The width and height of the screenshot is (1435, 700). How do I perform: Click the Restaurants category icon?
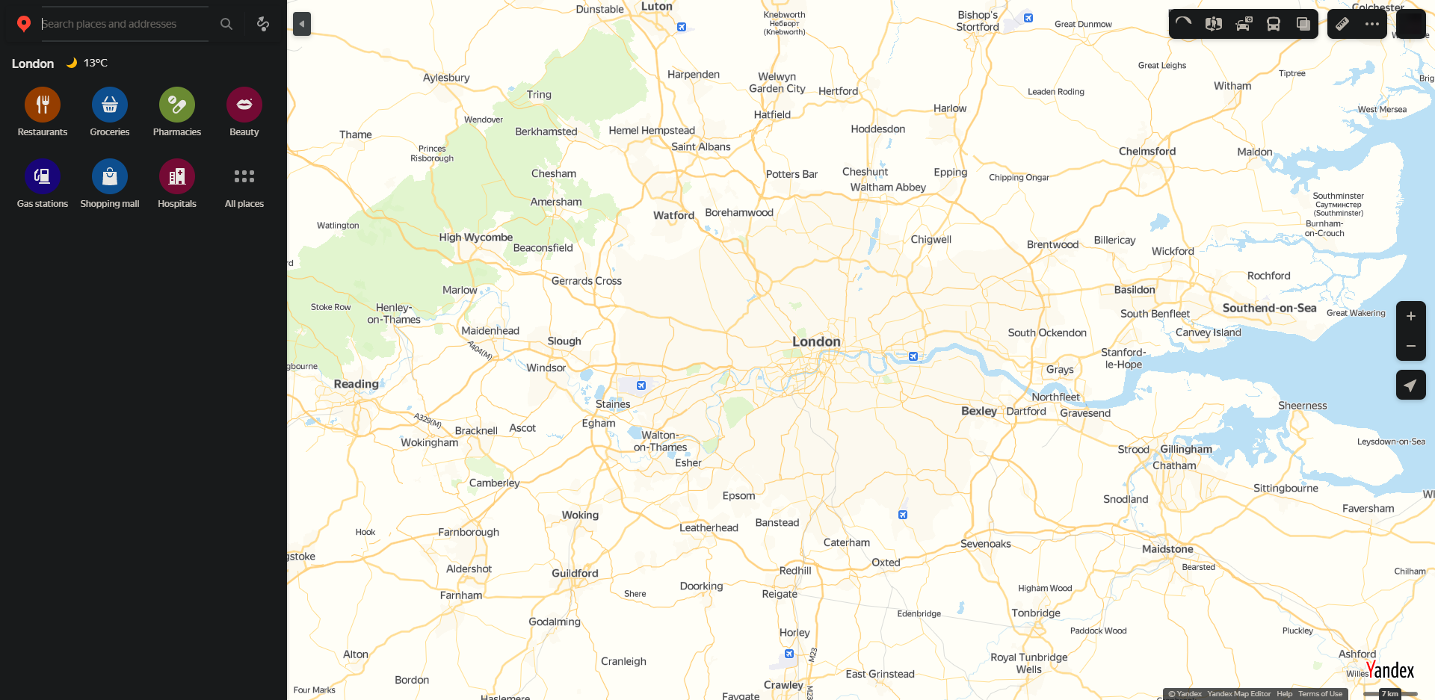coord(43,105)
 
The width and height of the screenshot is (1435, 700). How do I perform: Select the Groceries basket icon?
coord(110,105)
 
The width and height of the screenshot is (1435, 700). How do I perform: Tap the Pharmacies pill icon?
coord(177,105)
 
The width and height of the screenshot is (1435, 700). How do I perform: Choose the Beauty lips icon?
coord(244,105)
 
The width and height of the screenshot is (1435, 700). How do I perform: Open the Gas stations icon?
coord(43,176)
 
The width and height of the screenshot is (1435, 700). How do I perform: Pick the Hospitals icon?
coord(177,176)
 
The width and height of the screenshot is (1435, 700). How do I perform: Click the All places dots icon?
coord(244,176)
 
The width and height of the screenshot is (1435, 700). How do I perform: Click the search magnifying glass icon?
coord(226,24)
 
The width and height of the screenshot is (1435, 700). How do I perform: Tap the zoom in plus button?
coord(1410,316)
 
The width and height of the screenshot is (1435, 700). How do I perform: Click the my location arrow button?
coord(1410,385)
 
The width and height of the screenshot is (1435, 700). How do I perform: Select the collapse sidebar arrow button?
coord(302,24)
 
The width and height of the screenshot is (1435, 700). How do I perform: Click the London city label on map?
coord(816,341)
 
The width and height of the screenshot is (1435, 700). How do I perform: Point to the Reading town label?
coord(356,384)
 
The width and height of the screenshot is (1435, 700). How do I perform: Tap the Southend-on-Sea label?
coord(1269,308)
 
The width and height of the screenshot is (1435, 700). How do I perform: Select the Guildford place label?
coord(575,573)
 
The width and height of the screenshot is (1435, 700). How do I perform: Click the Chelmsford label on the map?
coord(1147,151)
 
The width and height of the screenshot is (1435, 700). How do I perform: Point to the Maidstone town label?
coord(1167,549)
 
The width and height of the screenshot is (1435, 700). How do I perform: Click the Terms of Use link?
coord(1320,694)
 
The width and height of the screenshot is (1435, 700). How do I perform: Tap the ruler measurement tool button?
coord(1342,24)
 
